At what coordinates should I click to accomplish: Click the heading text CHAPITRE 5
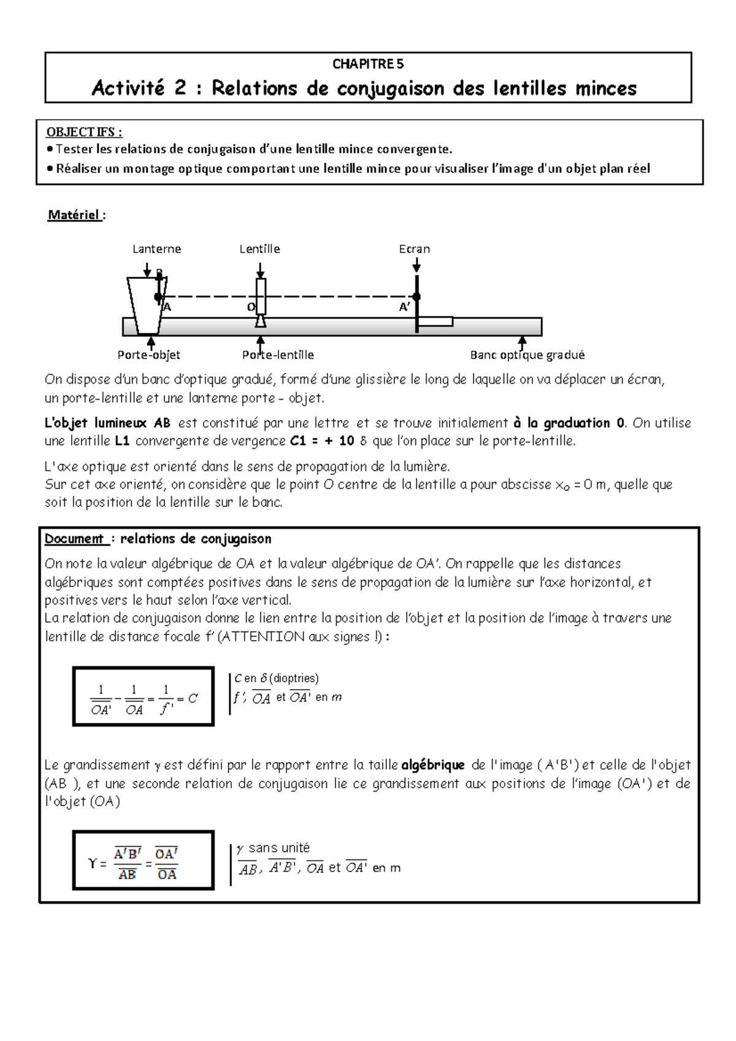point(368,64)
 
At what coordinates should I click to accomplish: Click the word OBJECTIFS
point(84,132)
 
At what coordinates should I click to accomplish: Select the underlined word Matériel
point(74,215)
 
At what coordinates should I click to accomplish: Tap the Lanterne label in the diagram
point(157,249)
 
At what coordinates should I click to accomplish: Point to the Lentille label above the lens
point(259,249)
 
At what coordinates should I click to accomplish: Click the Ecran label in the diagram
point(415,249)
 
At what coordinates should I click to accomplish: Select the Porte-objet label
point(148,355)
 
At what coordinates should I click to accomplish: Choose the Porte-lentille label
point(278,355)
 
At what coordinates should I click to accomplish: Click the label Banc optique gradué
point(527,355)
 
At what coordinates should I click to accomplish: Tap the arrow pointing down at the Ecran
point(417,265)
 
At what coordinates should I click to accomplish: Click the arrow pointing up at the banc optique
point(523,342)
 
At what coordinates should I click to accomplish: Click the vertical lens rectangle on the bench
point(261,297)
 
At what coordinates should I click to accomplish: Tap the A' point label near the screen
point(405,308)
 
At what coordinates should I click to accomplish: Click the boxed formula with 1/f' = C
point(144,696)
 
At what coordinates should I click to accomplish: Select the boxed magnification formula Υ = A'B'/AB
point(144,860)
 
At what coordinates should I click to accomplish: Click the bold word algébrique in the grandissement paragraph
point(433,765)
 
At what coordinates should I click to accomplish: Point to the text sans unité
point(279,848)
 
